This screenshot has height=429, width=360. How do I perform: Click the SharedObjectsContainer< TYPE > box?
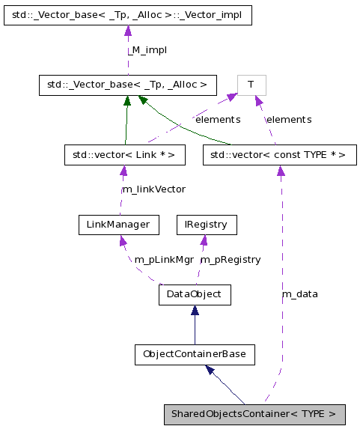(x=254, y=414)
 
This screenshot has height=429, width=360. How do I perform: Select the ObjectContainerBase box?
(x=195, y=353)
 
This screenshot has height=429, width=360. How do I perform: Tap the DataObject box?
(x=195, y=294)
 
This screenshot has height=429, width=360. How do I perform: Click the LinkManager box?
(x=119, y=224)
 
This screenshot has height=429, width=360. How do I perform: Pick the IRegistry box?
(x=207, y=224)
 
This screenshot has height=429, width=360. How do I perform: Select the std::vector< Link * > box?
(x=124, y=155)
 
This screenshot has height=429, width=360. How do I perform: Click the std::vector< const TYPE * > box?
(x=279, y=155)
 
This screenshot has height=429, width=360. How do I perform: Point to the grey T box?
(x=252, y=85)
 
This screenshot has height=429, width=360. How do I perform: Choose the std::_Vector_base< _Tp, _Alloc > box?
(x=128, y=85)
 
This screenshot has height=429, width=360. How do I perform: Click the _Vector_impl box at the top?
(x=127, y=14)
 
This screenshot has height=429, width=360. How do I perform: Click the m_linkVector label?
(x=153, y=189)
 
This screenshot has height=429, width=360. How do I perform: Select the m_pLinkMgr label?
(x=164, y=259)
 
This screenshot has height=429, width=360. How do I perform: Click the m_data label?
(x=299, y=293)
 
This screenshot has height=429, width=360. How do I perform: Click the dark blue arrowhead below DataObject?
(x=195, y=311)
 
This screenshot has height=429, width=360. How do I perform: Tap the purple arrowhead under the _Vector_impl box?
(x=127, y=31)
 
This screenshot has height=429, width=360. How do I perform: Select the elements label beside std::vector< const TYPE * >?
(x=289, y=119)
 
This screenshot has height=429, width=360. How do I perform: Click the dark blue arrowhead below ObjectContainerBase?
(x=211, y=369)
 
